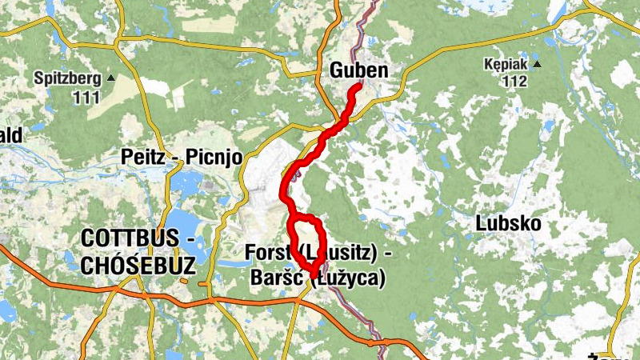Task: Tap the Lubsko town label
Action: pyautogui.click(x=509, y=222)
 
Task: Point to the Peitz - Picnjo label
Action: pyautogui.click(x=181, y=156)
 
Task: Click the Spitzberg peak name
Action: pyautogui.click(x=68, y=78)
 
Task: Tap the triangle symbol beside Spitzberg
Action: pyautogui.click(x=110, y=78)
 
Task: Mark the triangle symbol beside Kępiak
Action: pyautogui.click(x=538, y=64)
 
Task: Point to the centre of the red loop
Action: pyautogui.click(x=308, y=242)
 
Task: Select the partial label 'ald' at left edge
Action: pyautogui.click(x=10, y=136)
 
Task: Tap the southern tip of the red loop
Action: pyautogui.click(x=312, y=277)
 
